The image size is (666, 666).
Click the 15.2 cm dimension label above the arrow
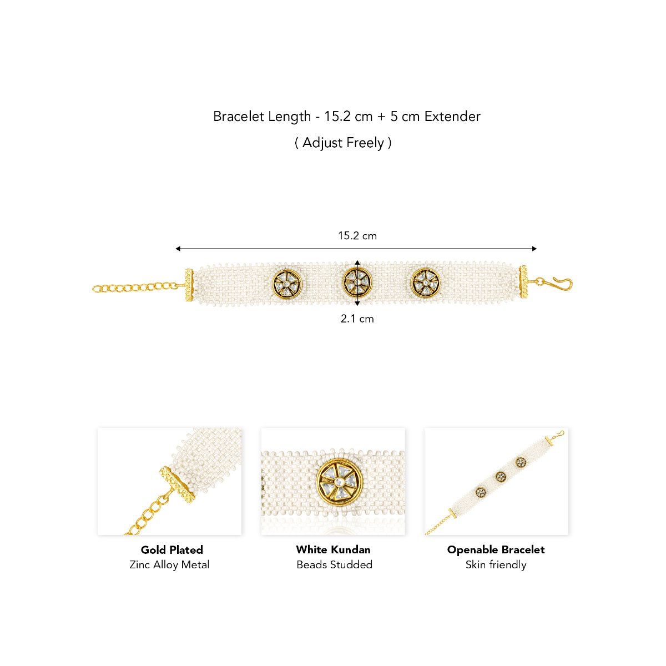(357, 236)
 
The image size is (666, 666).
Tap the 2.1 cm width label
(357, 319)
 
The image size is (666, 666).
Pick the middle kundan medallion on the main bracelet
(358, 282)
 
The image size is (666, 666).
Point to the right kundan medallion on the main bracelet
(426, 282)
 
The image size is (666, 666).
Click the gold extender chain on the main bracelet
(138, 287)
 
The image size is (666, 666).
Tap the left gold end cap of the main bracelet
(189, 285)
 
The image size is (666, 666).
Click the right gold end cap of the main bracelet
(523, 282)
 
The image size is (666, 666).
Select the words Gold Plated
(171, 549)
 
